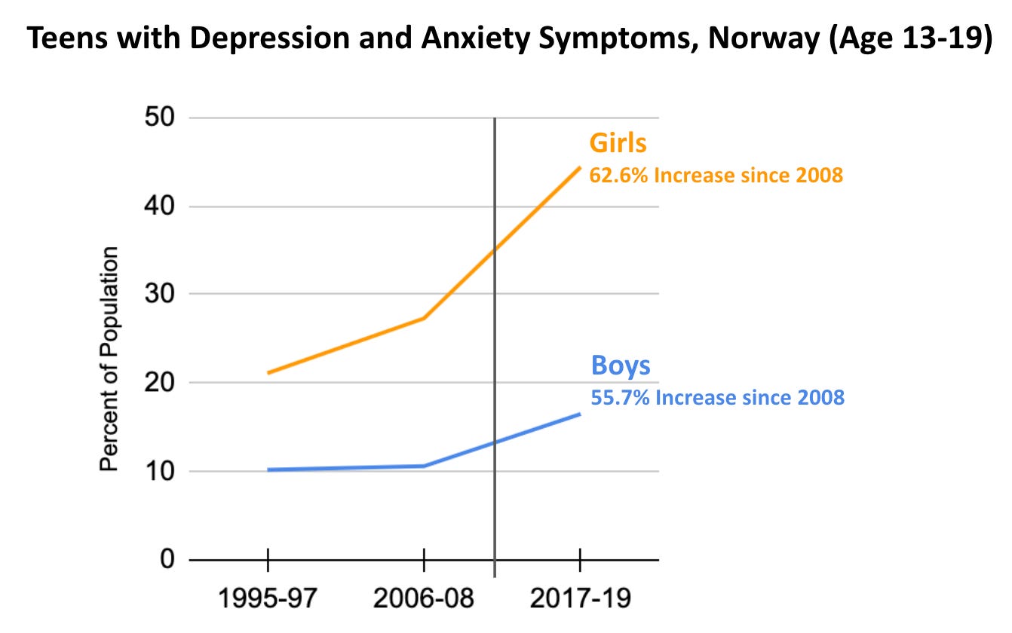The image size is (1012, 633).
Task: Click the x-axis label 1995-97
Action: click(x=268, y=601)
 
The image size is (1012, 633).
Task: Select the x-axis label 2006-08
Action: click(x=424, y=601)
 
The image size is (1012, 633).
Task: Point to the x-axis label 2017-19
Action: click(x=579, y=601)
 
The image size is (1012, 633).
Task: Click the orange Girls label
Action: click(x=618, y=144)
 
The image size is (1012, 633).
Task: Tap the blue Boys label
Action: click(x=620, y=366)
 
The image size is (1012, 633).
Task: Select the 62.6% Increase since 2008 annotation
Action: click(x=716, y=176)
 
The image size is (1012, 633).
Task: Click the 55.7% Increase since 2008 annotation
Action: click(x=717, y=397)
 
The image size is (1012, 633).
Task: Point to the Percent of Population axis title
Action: click(x=110, y=359)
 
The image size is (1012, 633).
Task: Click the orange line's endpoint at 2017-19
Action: click(x=579, y=167)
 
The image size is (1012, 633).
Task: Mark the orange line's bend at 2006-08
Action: click(x=424, y=318)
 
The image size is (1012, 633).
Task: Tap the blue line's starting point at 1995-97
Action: click(x=268, y=469)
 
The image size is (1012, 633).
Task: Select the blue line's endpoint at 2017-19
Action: click(x=579, y=414)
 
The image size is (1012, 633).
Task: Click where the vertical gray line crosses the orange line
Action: click(x=495, y=250)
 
